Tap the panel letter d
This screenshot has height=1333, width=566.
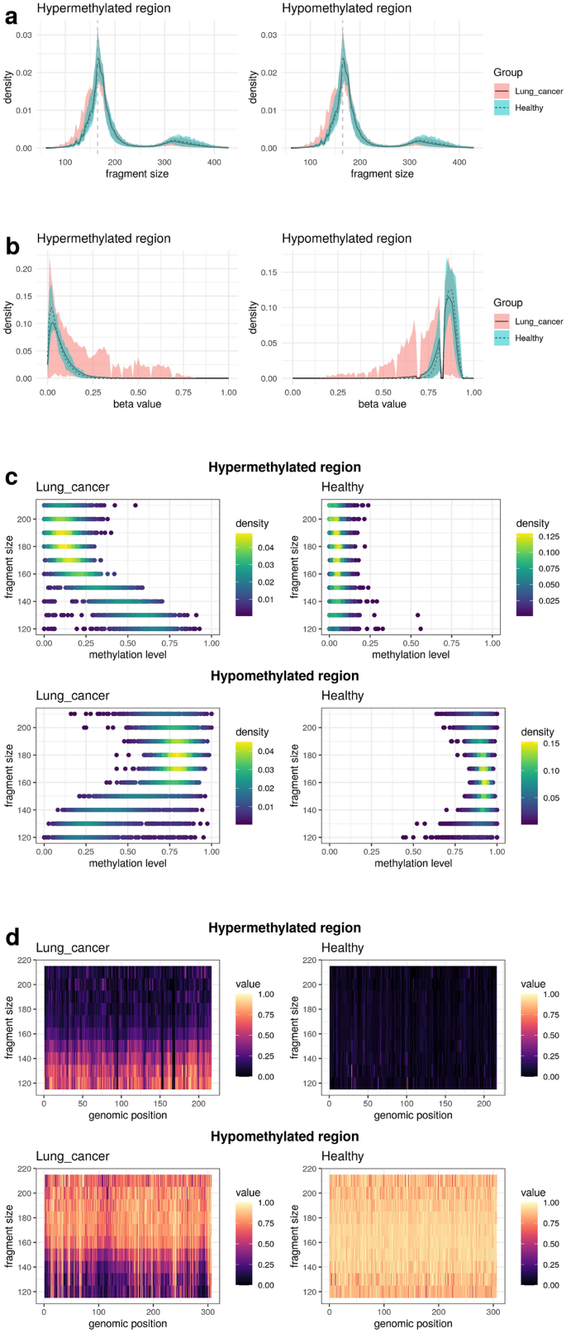[11, 938]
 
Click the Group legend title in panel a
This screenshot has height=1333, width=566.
[507, 73]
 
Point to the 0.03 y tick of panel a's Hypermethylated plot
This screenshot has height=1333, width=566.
[26, 35]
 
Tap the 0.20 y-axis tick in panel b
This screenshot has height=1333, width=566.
[23, 269]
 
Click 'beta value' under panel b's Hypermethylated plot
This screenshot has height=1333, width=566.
[137, 404]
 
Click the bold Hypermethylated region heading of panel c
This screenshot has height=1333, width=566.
[284, 467]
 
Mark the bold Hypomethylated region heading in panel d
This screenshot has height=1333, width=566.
[284, 1136]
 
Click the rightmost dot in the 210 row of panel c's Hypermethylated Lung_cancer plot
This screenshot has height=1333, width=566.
[135, 505]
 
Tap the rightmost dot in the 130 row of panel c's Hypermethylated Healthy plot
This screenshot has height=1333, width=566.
[418, 615]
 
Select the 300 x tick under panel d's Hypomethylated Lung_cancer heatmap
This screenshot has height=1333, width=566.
[208, 1311]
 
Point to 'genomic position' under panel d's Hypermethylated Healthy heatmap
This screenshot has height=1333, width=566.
[413, 1115]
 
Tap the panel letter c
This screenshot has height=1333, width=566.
[11, 477]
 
